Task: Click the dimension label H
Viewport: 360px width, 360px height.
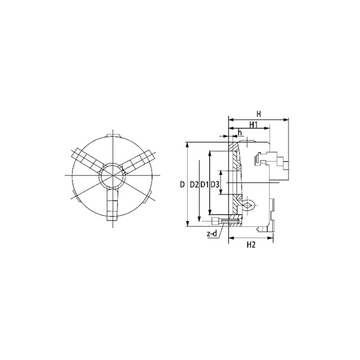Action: [x=258, y=114]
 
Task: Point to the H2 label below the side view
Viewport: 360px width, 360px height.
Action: [x=250, y=244]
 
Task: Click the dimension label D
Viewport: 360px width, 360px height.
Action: [x=182, y=184]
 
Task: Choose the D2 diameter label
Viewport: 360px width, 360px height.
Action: [x=193, y=184]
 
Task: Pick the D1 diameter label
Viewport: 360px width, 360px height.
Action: [x=204, y=184]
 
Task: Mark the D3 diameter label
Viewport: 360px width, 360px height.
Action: [x=215, y=184]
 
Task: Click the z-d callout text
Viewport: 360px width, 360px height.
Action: [x=212, y=234]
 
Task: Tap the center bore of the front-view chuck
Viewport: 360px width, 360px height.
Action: [x=111, y=176]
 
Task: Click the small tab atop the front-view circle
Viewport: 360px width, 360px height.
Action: [x=112, y=136]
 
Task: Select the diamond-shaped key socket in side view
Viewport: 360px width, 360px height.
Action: [x=248, y=206]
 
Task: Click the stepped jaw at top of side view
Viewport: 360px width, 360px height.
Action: [x=270, y=161]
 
